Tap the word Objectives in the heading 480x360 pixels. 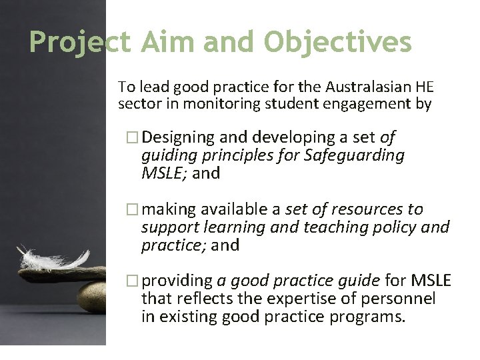click(338, 43)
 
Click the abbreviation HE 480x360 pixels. click(423, 87)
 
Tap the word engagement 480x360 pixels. click(363, 104)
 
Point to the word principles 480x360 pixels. click(221, 155)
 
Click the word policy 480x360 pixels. click(394, 227)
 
